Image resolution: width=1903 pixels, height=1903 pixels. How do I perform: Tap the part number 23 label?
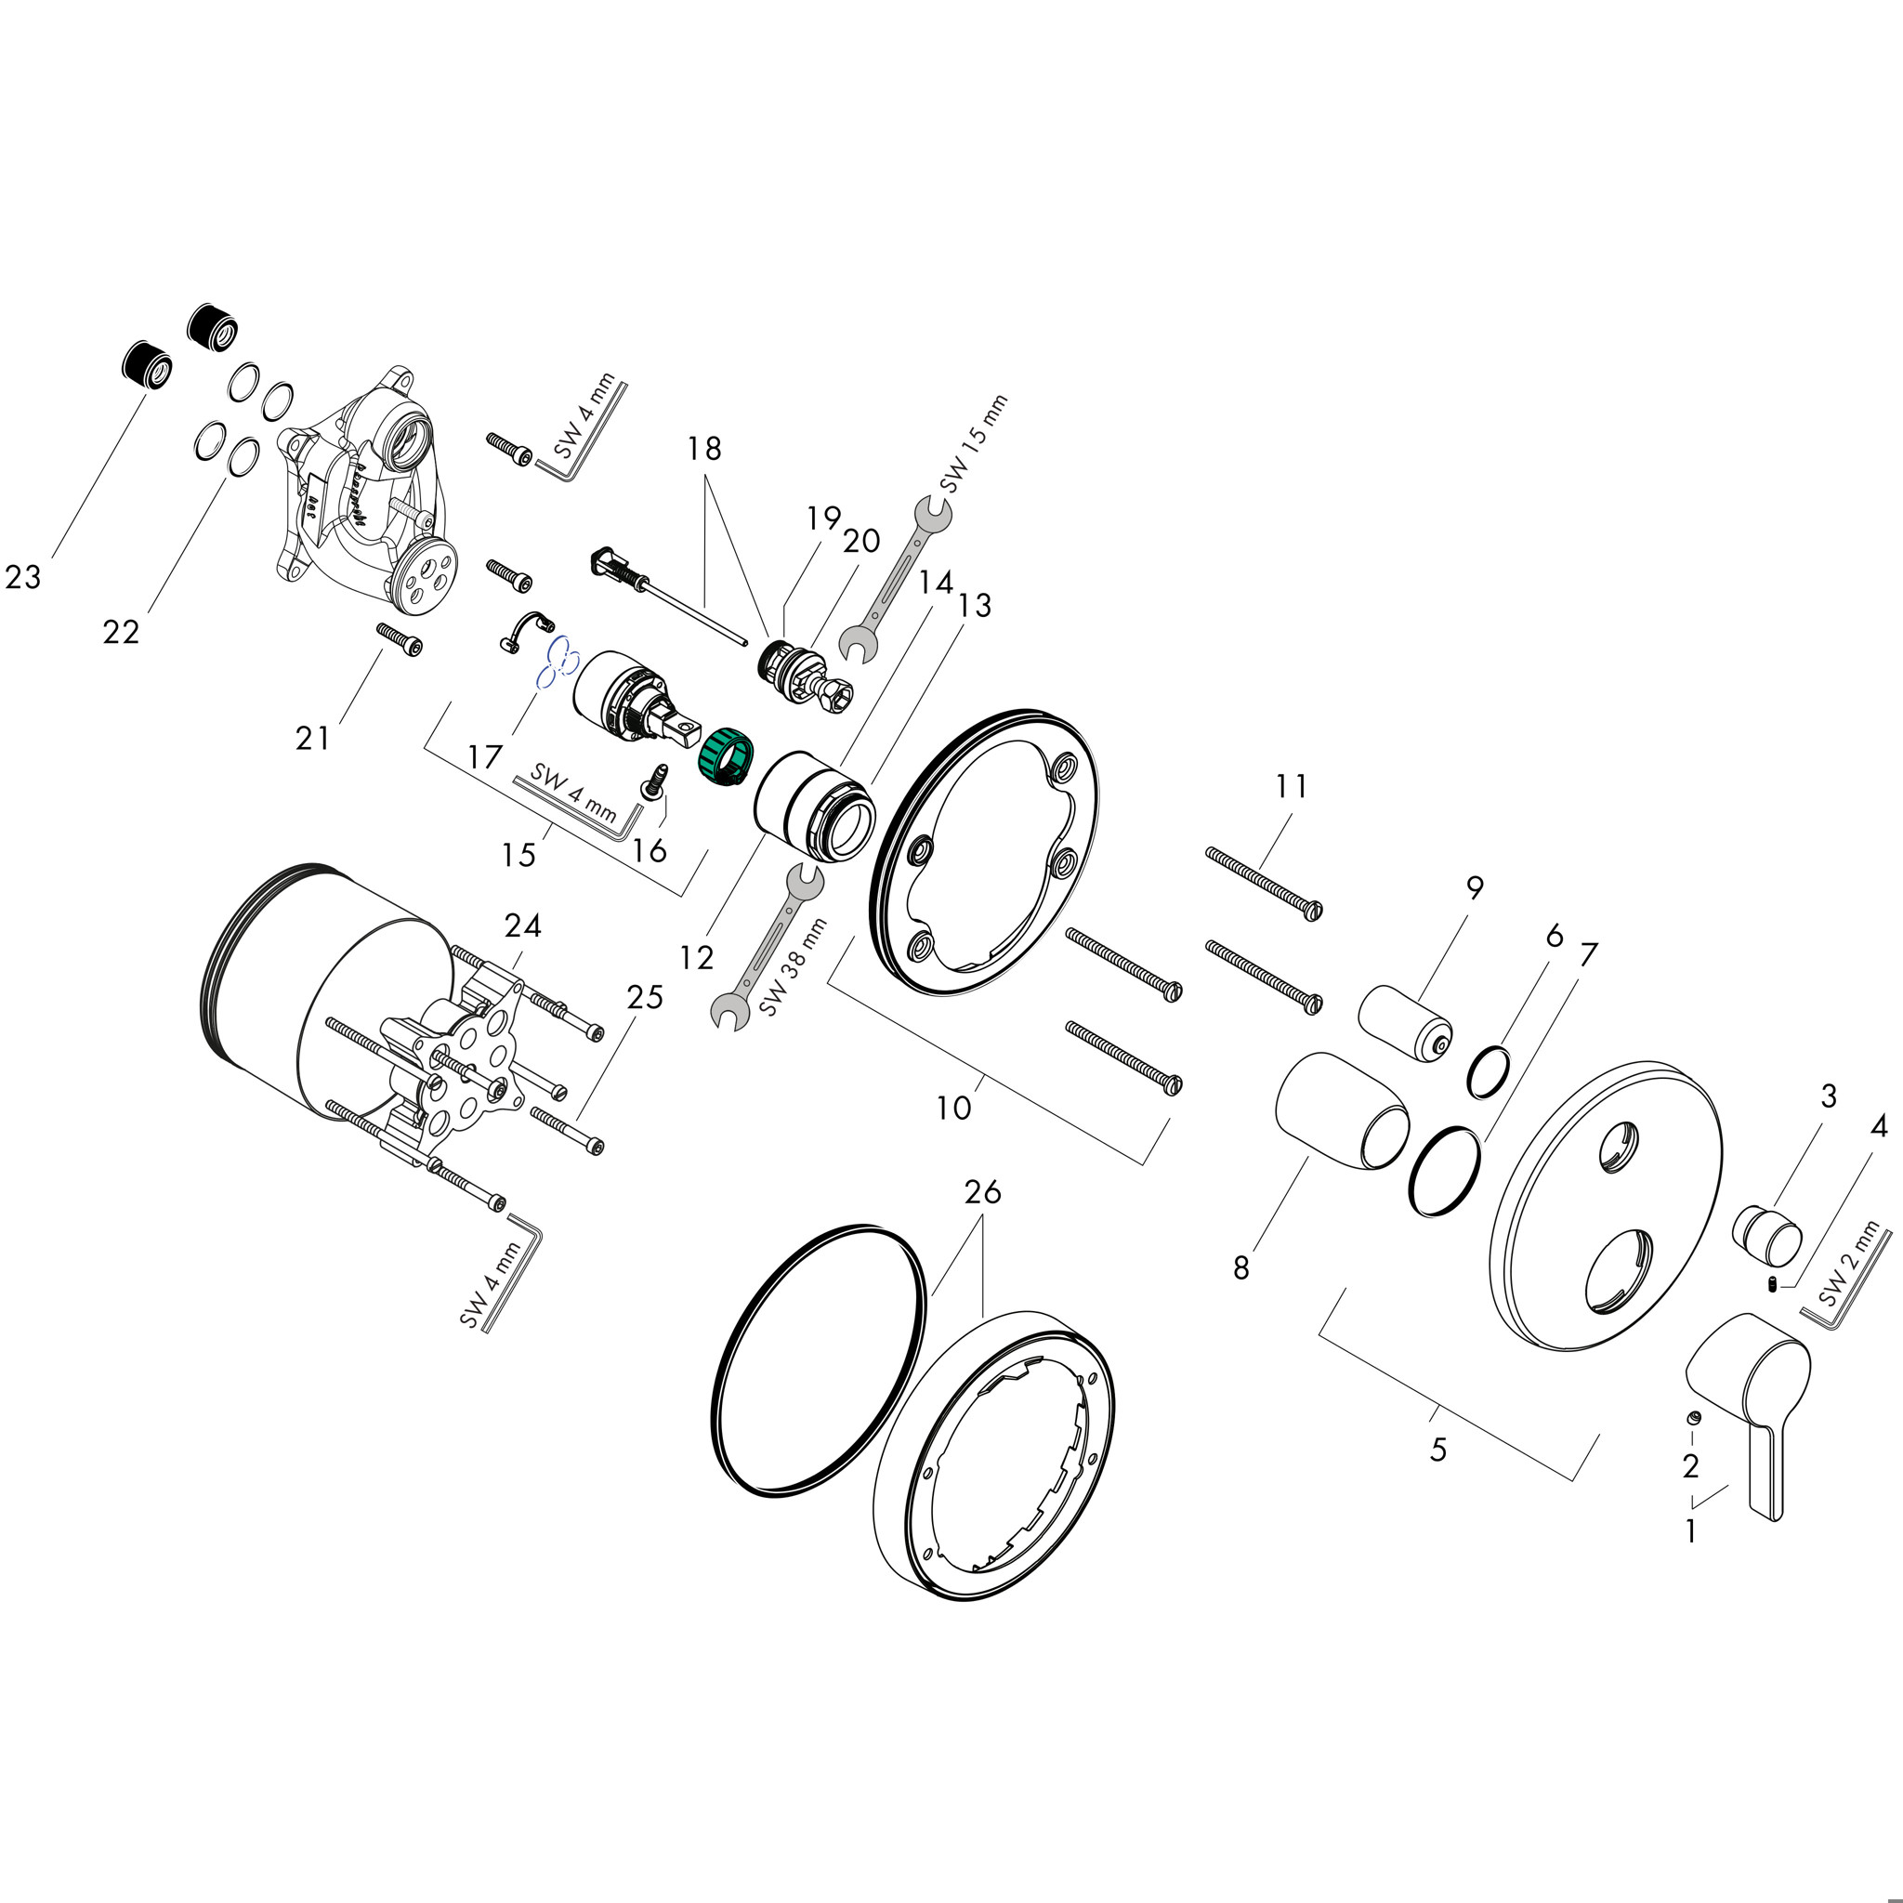pos(23,577)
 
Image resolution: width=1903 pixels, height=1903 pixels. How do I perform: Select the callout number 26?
pos(982,1192)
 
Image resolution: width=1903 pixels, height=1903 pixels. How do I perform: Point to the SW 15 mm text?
pos(973,444)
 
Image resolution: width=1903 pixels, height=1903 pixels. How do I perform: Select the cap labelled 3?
pos(1767,1233)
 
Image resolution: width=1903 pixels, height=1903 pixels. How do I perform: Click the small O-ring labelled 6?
pos(1489,1071)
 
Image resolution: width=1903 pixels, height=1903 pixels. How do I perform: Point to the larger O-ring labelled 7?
pos(1445,1172)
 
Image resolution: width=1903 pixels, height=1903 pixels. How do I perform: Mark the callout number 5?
pos(1438,1450)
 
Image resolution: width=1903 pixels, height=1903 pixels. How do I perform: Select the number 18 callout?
pos(704,449)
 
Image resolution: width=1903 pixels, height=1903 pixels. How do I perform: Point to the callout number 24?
pos(523,925)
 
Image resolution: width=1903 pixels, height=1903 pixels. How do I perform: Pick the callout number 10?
pos(953,1109)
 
